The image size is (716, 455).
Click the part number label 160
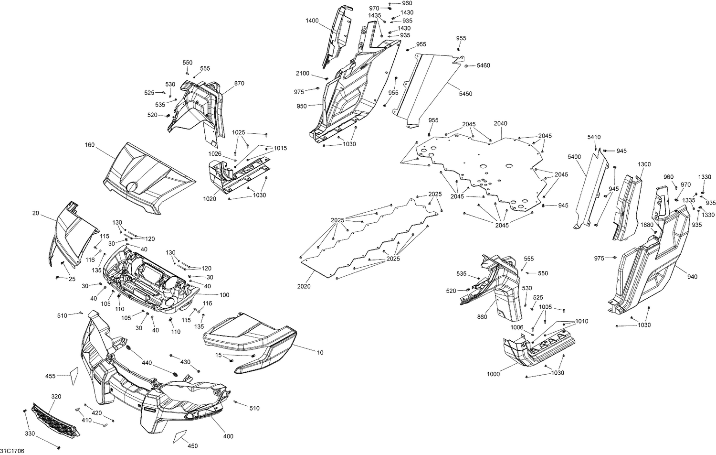pyautogui.click(x=90, y=145)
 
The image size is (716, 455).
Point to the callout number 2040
pyautogui.click(x=500, y=124)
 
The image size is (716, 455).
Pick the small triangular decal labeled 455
pyautogui.click(x=74, y=376)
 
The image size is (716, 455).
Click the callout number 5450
pyautogui.click(x=465, y=94)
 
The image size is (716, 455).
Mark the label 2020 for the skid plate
pyautogui.click(x=304, y=286)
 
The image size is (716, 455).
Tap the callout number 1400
pyautogui.click(x=312, y=21)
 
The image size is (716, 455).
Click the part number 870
pyautogui.click(x=239, y=83)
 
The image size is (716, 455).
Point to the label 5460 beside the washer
pyautogui.click(x=483, y=65)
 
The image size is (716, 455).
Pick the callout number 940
pyautogui.click(x=692, y=277)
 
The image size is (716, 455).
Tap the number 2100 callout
pyautogui.click(x=302, y=74)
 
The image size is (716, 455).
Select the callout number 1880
pyautogui.click(x=647, y=225)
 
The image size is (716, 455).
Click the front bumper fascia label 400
pyautogui.click(x=228, y=436)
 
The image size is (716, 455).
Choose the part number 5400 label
pyautogui.click(x=574, y=157)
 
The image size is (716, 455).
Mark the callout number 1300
pyautogui.click(x=644, y=164)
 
